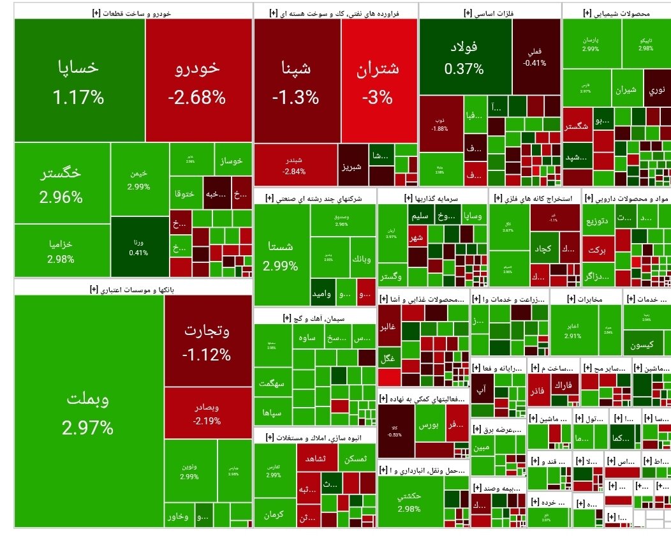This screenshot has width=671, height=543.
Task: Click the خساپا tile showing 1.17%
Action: click(79, 80)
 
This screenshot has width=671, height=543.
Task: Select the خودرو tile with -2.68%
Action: click(198, 80)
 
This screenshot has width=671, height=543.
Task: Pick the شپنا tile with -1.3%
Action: click(295, 80)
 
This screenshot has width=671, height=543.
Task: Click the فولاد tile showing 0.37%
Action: click(464, 57)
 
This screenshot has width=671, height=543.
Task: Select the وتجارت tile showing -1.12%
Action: click(207, 341)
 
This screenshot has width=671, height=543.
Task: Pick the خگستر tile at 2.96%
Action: click(61, 183)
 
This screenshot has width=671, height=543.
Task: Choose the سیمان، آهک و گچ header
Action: click(314, 317)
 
